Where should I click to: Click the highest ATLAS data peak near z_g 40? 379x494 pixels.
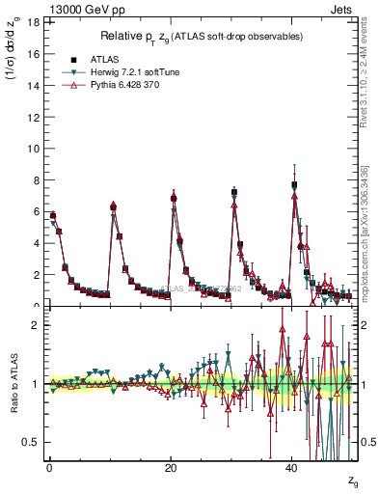294,185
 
